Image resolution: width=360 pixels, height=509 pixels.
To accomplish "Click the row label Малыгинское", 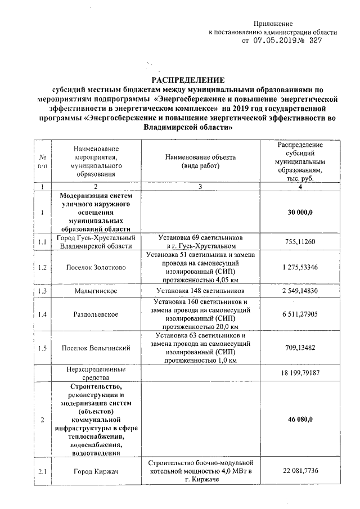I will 95,291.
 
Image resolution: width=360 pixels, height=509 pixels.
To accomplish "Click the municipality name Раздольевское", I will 95,316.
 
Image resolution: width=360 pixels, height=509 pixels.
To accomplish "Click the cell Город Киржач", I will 95,471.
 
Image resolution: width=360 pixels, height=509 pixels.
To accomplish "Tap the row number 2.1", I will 42,471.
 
